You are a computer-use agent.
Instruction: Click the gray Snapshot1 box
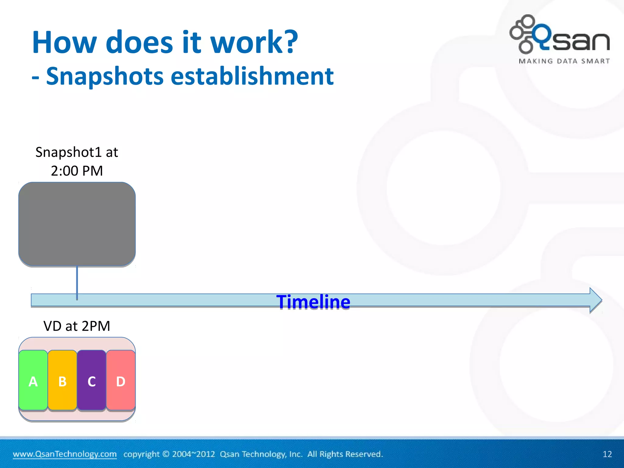point(77,224)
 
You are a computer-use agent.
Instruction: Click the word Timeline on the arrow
point(313,302)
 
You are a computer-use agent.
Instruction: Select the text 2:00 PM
point(77,171)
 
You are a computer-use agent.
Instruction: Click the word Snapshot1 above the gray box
point(68,152)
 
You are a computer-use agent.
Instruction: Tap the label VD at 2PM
point(77,326)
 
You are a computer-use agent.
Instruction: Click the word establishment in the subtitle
point(252,76)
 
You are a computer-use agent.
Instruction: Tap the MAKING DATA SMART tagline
point(564,61)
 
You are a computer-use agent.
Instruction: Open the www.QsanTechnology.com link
point(65,454)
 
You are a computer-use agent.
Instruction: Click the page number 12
point(607,454)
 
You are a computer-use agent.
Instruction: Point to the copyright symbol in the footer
point(166,454)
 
